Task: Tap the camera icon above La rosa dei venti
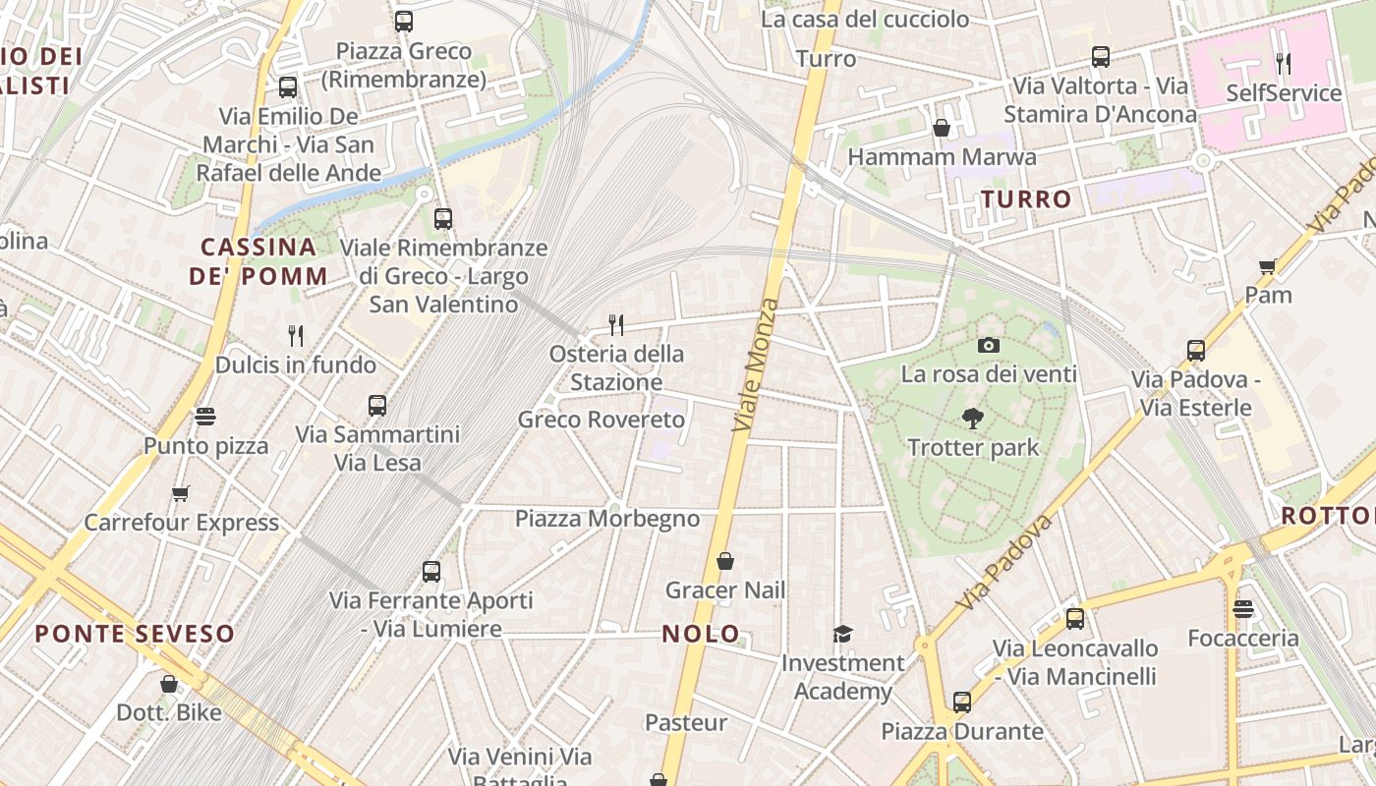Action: (989, 345)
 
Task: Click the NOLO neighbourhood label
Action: (701, 634)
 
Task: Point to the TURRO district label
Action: (1026, 199)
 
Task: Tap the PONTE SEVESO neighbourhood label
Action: (135, 634)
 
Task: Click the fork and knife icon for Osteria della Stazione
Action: (616, 324)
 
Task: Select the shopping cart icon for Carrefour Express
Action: (180, 493)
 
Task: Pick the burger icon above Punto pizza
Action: (204, 417)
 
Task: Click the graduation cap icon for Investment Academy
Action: (842, 634)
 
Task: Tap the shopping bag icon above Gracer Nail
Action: (725, 561)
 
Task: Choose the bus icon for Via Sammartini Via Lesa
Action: (377, 405)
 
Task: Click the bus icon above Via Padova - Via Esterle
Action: (1196, 350)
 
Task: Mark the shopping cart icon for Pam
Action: (1268, 266)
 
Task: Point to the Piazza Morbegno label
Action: (607, 519)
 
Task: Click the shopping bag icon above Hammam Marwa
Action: (942, 128)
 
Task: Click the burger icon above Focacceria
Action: (1243, 609)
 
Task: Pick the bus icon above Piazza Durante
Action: (962, 702)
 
